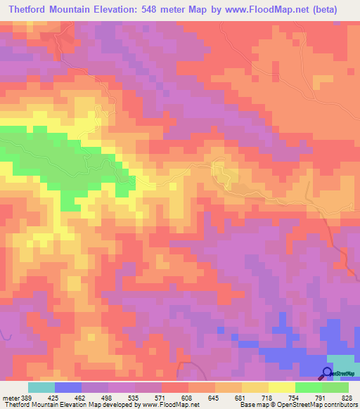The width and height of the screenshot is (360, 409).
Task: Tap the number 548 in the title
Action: point(172,10)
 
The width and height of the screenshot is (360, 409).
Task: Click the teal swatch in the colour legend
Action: point(41,387)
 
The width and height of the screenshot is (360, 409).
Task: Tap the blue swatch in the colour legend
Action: point(67,387)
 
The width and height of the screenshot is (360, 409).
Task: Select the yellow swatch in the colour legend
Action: point(282,387)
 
